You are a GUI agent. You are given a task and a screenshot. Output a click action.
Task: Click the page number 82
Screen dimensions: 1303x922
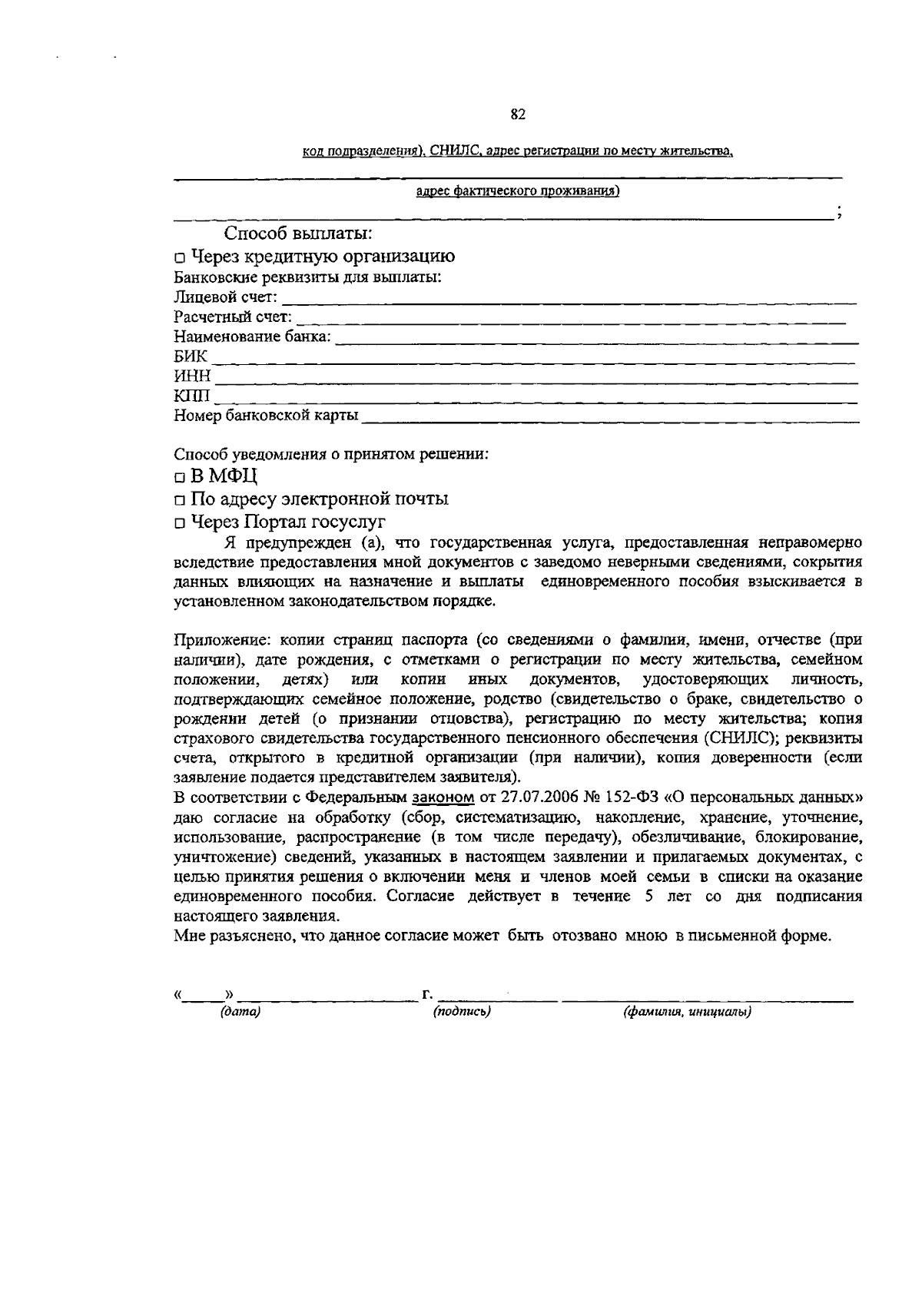coord(517,115)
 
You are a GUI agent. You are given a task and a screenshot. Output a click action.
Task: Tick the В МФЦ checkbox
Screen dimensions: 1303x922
coord(179,476)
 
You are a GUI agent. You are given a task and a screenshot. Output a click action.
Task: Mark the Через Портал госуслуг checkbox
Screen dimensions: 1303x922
coord(179,525)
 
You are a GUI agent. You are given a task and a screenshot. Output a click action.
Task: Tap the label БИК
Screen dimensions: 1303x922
coord(191,356)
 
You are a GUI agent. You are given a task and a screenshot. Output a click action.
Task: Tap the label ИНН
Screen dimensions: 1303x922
coord(192,376)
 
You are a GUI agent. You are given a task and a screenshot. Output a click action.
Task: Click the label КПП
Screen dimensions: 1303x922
coord(191,396)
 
